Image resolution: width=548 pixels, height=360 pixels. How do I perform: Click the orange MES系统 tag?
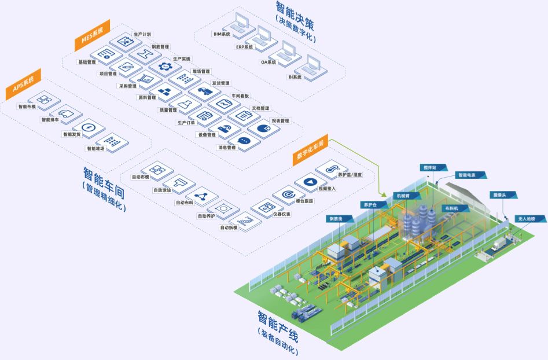coord(89,36)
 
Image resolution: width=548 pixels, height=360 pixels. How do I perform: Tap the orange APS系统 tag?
coord(23,85)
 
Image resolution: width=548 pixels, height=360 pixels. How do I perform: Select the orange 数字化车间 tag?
coord(310,149)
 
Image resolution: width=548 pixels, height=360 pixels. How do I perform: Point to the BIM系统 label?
coord(222,34)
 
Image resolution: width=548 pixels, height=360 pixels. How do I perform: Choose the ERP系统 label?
coord(244,47)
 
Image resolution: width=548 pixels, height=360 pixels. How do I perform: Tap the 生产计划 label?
coord(142,34)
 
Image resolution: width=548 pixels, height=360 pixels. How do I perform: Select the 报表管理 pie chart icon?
coord(264,127)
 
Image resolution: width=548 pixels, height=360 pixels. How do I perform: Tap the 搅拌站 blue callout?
coord(429,167)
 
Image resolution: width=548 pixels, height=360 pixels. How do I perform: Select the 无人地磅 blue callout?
coord(526,219)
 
